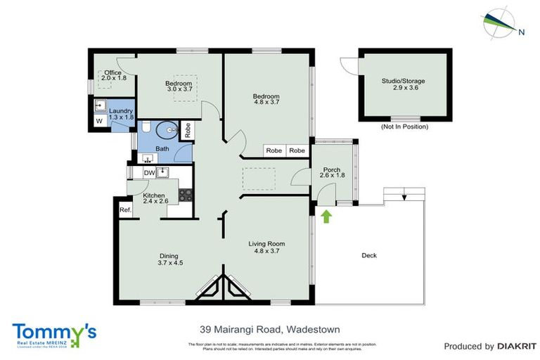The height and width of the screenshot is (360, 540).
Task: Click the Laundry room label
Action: (121, 114)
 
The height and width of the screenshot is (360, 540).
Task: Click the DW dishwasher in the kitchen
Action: (149, 173)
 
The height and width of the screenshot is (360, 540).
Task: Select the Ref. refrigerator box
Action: (124, 210)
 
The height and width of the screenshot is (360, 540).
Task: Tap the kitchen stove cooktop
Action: (185, 195)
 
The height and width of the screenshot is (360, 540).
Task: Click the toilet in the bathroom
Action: (167, 129)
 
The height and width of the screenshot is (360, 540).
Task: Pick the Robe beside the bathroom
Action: (187, 130)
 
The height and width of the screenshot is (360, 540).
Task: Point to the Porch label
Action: (331, 173)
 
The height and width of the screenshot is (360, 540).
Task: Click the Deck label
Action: (368, 255)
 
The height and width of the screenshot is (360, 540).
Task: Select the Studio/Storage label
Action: (403, 85)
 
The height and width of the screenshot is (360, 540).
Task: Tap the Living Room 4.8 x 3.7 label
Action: (267, 247)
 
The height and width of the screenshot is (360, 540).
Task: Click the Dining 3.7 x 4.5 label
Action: (168, 259)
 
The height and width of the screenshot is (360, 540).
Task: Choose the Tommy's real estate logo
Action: (54, 333)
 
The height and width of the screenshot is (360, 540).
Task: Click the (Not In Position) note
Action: (404, 127)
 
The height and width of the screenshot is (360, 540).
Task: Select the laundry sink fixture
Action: (99, 107)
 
